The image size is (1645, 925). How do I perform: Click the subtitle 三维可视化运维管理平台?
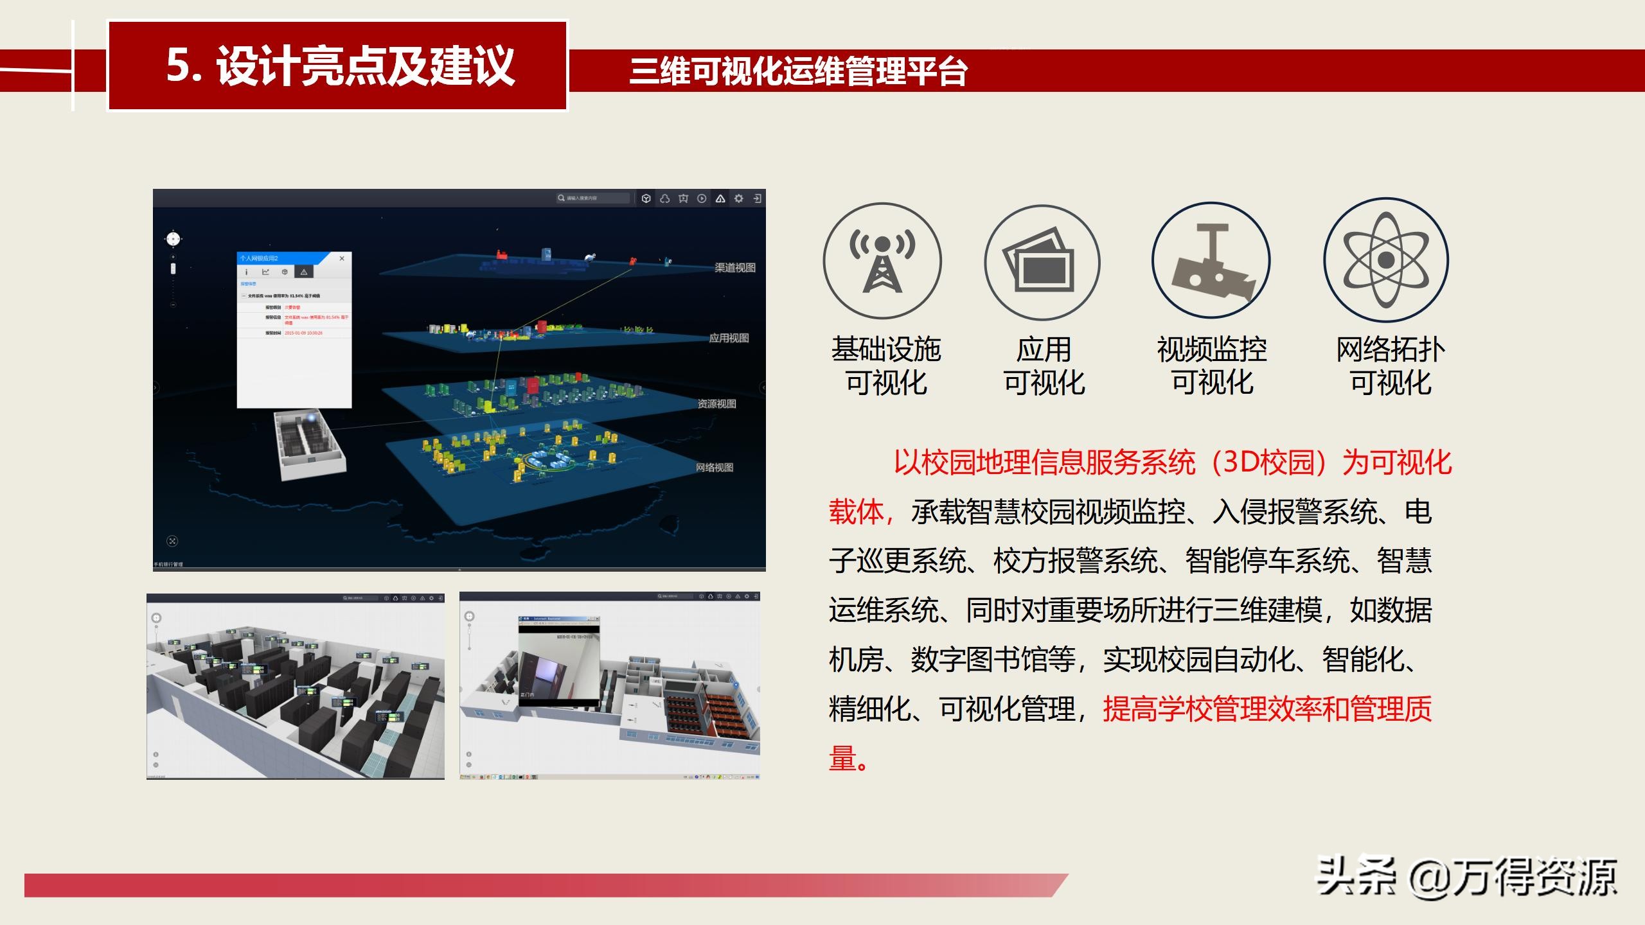tap(798, 71)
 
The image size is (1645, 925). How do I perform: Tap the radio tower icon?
tap(882, 261)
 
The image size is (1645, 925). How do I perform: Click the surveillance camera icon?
tap(1211, 261)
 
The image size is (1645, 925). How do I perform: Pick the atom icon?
tap(1386, 260)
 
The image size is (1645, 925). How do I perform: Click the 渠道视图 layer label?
tap(735, 268)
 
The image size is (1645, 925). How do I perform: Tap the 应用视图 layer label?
tap(729, 339)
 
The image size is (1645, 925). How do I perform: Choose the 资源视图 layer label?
tap(717, 404)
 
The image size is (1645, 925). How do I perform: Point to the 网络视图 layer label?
tap(715, 468)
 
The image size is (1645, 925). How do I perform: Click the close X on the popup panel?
tap(342, 258)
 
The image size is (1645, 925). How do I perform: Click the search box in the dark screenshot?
tap(592, 198)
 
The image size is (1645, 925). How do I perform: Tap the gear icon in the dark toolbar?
tap(739, 198)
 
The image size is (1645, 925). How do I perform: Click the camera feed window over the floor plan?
tap(558, 662)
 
